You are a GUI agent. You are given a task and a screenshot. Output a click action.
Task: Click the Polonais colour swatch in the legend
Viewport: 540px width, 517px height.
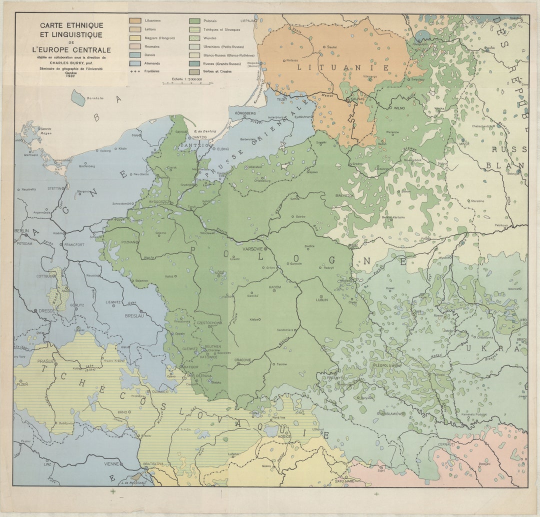click(194, 21)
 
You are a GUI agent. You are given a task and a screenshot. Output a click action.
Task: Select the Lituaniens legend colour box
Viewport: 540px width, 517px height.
click(135, 21)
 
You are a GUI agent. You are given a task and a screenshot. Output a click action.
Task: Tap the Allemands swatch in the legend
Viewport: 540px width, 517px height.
click(135, 63)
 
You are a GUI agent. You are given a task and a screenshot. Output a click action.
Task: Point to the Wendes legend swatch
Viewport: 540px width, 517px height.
click(194, 38)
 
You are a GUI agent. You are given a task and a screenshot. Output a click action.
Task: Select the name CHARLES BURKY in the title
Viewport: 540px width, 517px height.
click(68, 63)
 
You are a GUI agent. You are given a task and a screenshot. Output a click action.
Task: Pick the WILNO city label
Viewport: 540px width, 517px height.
click(398, 107)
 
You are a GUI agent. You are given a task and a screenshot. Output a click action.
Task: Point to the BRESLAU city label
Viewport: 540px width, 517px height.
click(134, 316)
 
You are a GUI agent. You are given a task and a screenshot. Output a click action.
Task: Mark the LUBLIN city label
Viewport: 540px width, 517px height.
click(321, 299)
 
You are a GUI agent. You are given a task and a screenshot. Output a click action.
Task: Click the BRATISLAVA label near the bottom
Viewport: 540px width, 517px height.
click(153, 463)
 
